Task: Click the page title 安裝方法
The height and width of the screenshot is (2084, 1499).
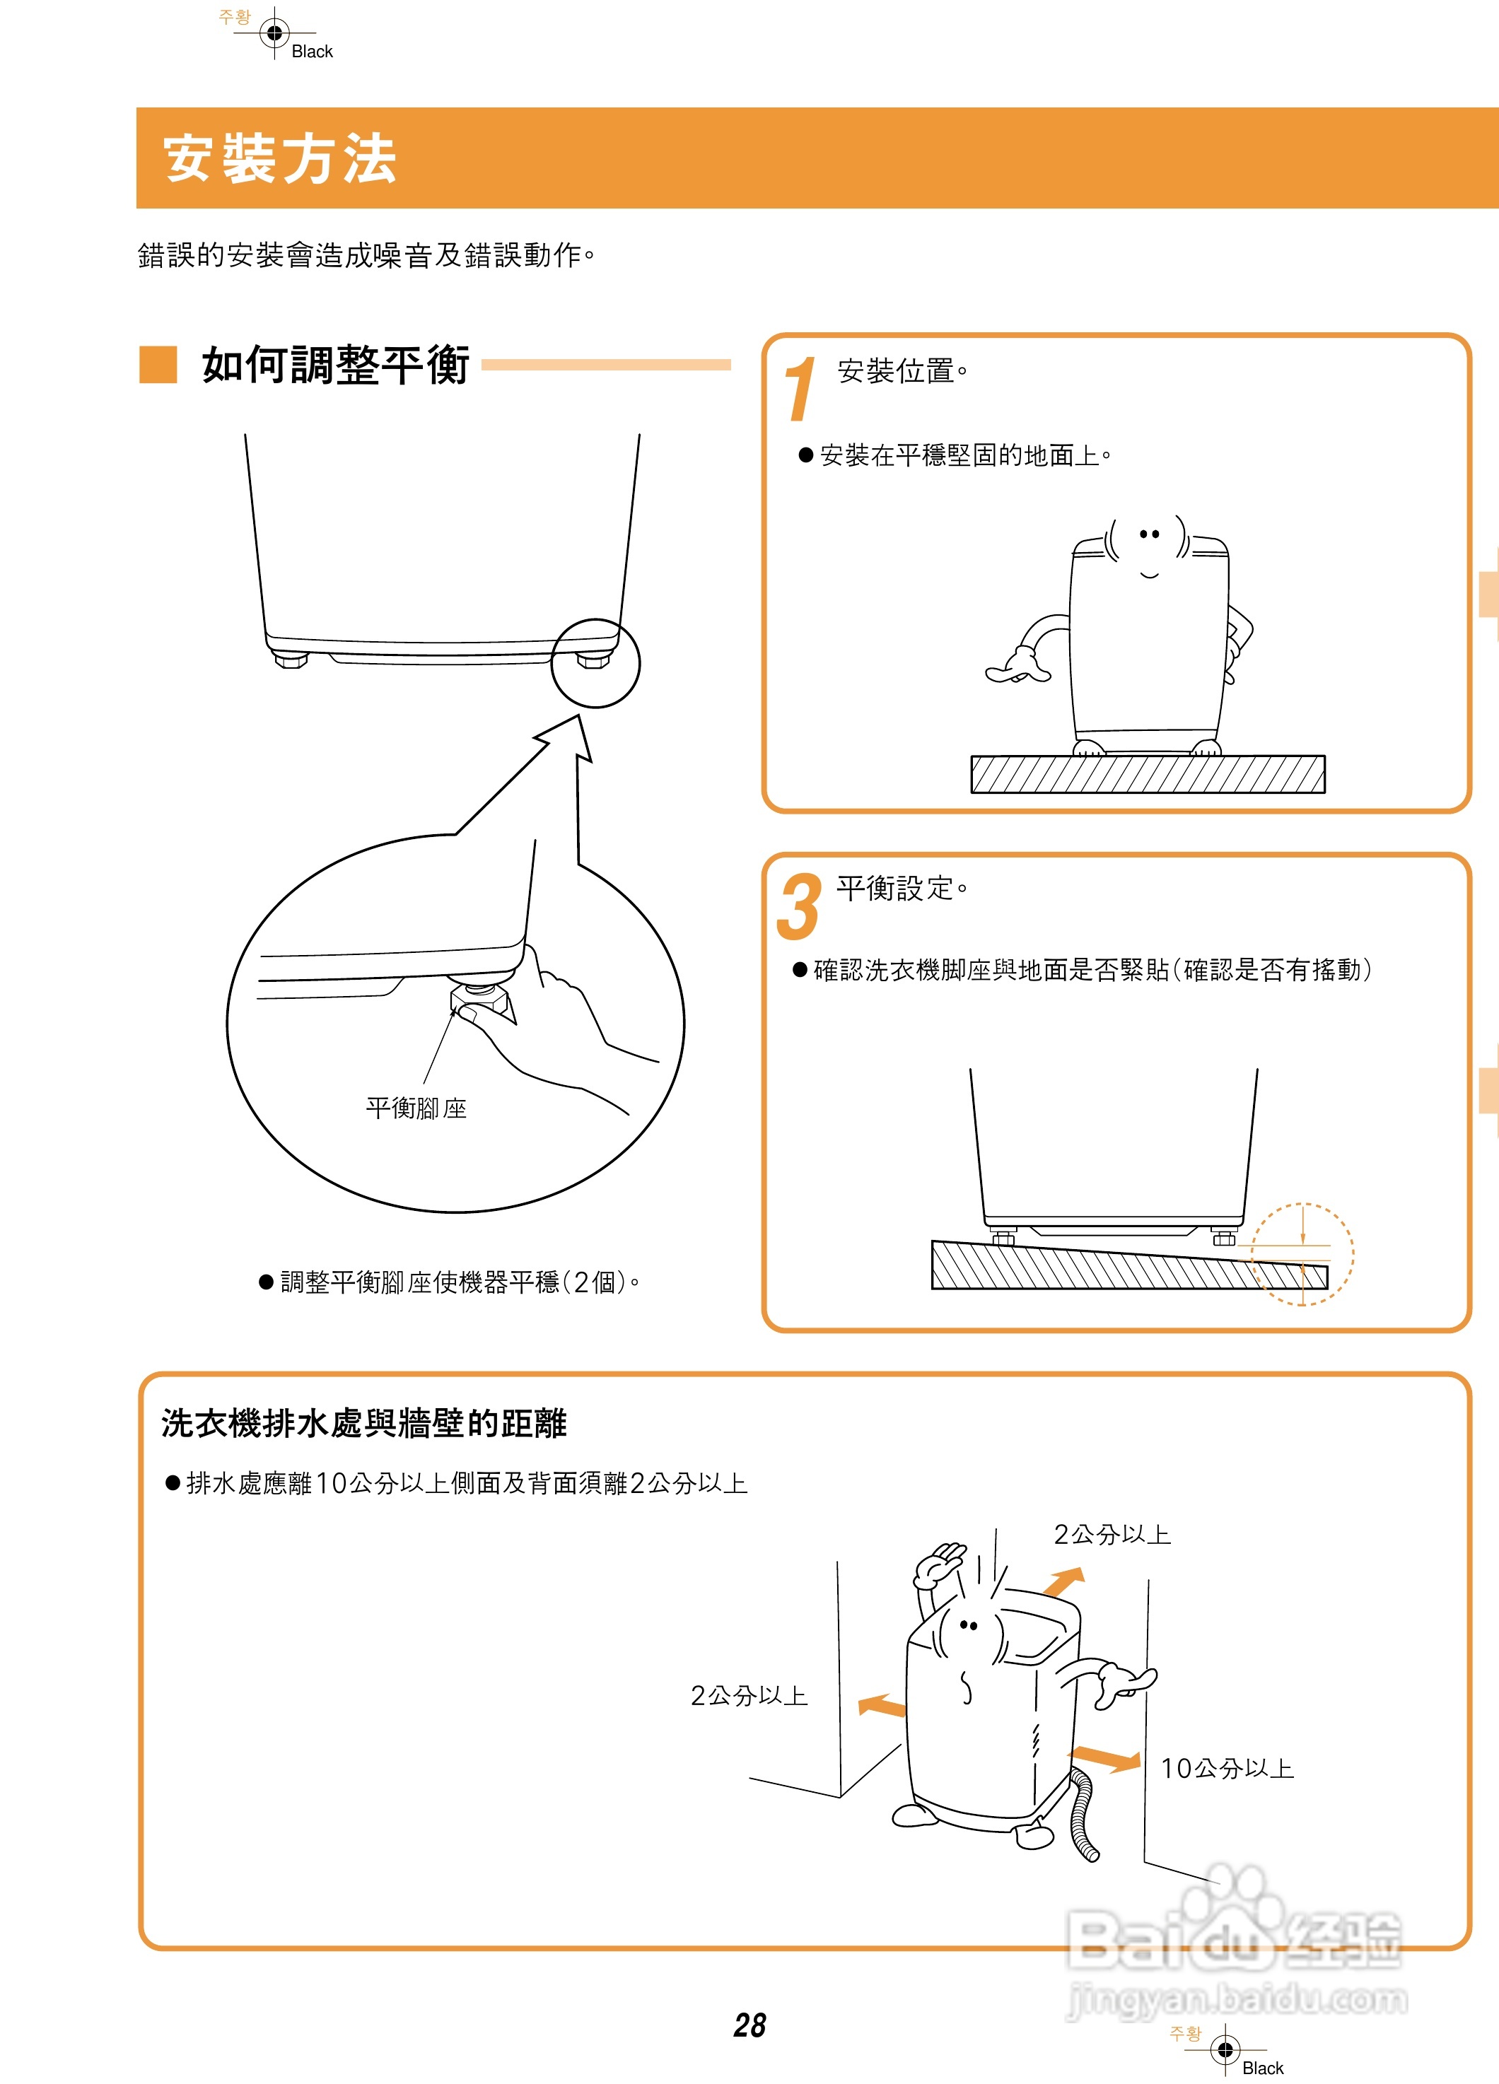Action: [279, 158]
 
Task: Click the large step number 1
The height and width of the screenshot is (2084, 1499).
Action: [799, 389]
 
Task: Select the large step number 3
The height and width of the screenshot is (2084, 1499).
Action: [798, 907]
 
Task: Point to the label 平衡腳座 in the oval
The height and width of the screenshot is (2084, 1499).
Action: [416, 1108]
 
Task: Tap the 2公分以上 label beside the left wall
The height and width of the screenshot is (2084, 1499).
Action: [748, 1694]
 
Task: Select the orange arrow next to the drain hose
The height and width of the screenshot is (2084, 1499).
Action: [1107, 1758]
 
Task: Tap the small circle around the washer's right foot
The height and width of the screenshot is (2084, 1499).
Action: [595, 662]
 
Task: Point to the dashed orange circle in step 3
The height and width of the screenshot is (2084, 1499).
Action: [1302, 1253]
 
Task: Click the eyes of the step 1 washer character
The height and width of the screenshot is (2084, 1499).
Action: [1149, 534]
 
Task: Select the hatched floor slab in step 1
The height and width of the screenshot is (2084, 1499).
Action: [1147, 773]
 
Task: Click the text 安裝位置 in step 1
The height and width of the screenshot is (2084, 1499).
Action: [896, 371]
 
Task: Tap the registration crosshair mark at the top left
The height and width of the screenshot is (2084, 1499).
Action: [274, 33]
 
